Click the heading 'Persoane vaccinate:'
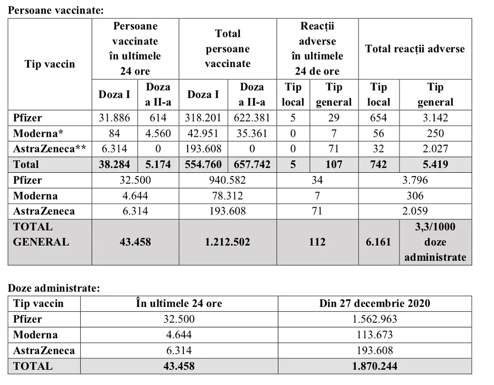[55, 10]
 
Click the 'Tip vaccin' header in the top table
[49, 64]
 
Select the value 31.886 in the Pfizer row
[114, 118]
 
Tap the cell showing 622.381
[252, 118]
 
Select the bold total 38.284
[114, 164]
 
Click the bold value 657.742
[252, 164]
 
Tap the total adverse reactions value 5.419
[435, 164]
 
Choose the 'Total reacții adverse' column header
[415, 48]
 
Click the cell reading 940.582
[228, 180]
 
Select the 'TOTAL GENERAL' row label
[41, 234]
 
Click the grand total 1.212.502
[228, 242]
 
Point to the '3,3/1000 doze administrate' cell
[435, 242]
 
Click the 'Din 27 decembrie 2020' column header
[375, 304]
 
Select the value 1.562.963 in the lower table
[375, 319]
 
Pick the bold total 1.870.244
[375, 366]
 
